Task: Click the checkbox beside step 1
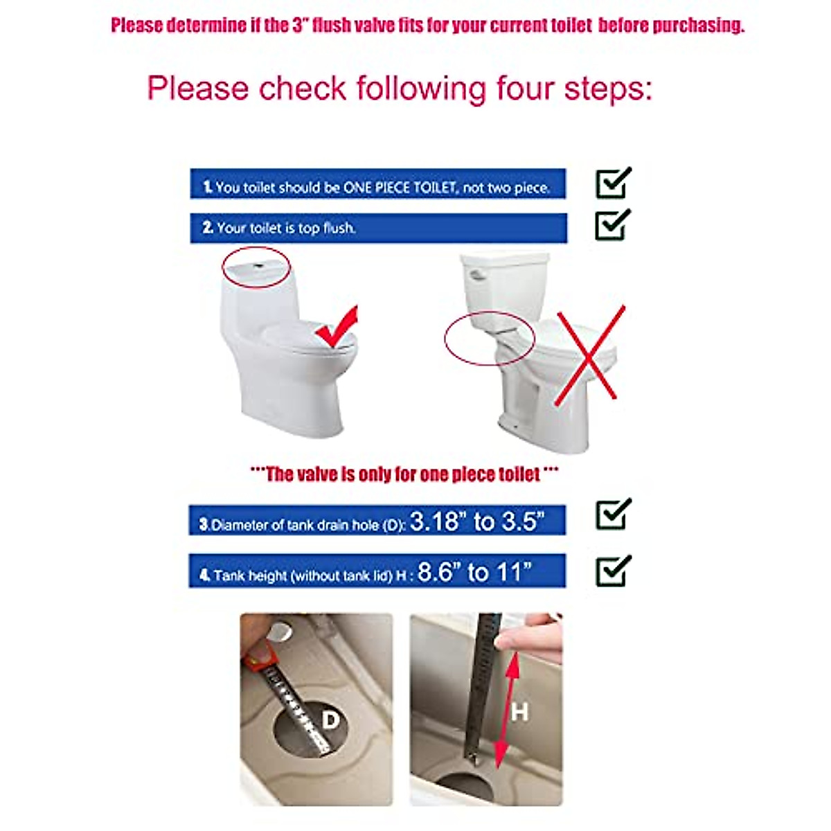(613, 184)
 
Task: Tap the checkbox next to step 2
(613, 226)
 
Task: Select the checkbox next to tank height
(613, 572)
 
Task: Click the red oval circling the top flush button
(256, 267)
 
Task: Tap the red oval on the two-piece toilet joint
(489, 339)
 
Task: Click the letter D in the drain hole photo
(331, 721)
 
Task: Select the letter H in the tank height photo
(519, 711)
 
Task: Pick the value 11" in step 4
(514, 572)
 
